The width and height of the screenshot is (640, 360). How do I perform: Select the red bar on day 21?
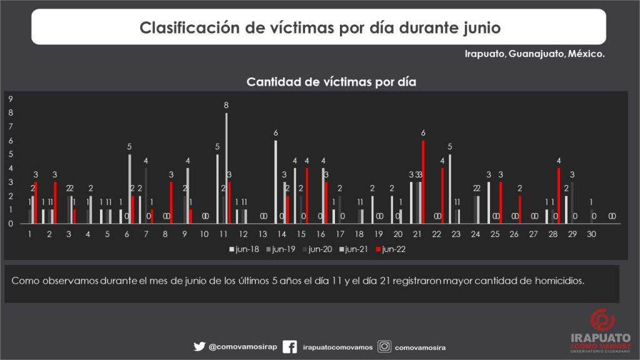[423, 181]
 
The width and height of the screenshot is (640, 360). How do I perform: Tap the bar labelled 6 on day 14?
[275, 181]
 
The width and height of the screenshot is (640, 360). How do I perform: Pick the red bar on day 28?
[559, 195]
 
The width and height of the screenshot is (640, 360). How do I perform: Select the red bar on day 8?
[171, 202]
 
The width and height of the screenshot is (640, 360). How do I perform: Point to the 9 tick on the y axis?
[9, 99]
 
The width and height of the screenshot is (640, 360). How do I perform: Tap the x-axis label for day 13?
[262, 234]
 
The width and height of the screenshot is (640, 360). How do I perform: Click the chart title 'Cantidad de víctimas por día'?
[331, 82]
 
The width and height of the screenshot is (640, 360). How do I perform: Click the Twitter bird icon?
[199, 346]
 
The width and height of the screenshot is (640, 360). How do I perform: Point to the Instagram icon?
[385, 346]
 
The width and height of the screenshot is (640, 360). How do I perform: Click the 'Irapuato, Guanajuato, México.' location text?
[534, 54]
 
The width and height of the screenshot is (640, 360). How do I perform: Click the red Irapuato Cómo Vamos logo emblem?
[598, 321]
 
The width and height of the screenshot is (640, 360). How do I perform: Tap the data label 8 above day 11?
[226, 106]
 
